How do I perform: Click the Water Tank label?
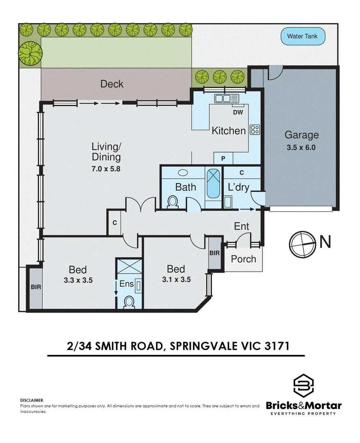(x=302, y=36)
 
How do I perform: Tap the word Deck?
(x=112, y=84)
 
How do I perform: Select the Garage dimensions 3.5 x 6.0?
(x=302, y=147)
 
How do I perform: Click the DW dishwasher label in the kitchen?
(x=238, y=112)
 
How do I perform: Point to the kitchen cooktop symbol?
(x=255, y=130)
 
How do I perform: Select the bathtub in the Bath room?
(x=213, y=183)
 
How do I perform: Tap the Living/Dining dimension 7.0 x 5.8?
(x=106, y=168)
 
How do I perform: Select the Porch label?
(x=243, y=259)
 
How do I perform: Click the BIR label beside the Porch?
(x=214, y=253)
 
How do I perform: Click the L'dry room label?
(x=238, y=187)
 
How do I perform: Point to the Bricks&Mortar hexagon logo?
(x=304, y=386)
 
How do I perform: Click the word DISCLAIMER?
(x=32, y=400)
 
